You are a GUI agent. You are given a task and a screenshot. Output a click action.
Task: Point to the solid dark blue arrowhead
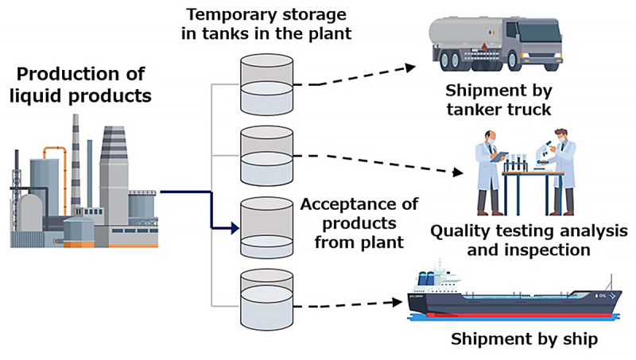click(x=233, y=230)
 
